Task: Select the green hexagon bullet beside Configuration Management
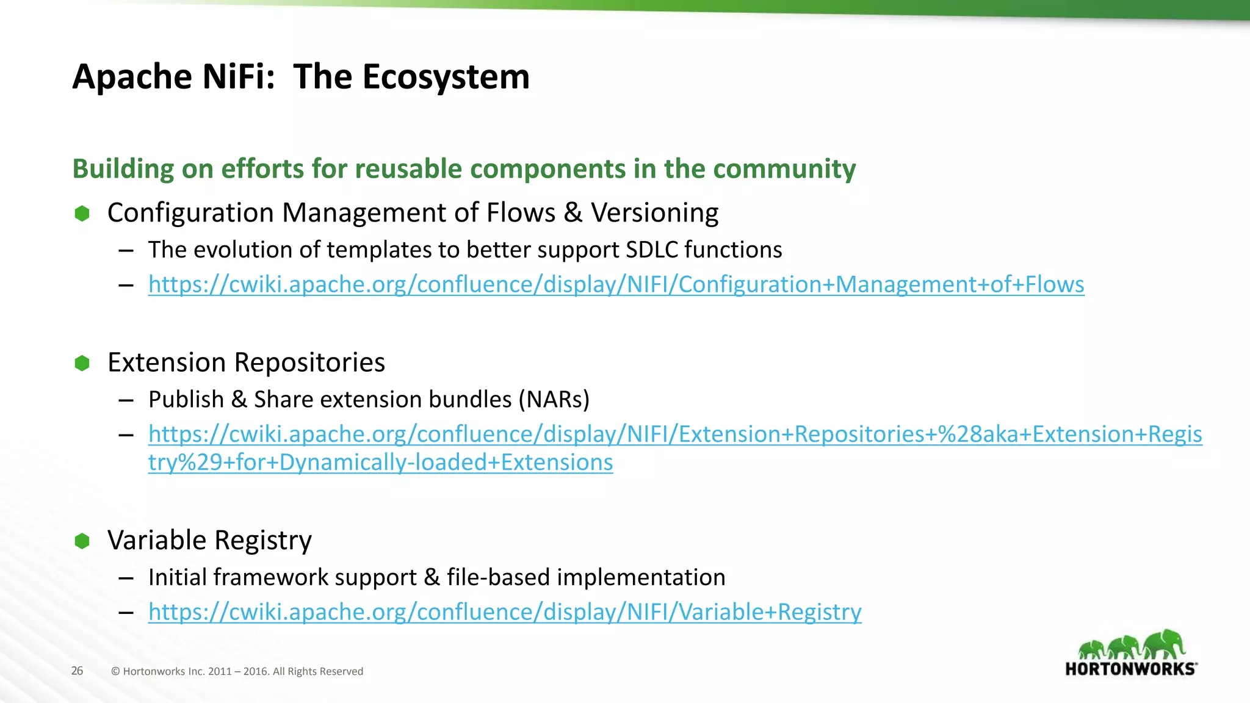(x=82, y=214)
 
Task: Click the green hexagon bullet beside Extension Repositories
(x=82, y=363)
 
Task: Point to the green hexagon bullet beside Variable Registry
(x=82, y=541)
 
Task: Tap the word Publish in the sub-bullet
(x=186, y=399)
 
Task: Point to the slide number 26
(x=77, y=671)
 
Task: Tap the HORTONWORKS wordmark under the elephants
(x=1130, y=669)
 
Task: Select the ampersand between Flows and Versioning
(x=573, y=213)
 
